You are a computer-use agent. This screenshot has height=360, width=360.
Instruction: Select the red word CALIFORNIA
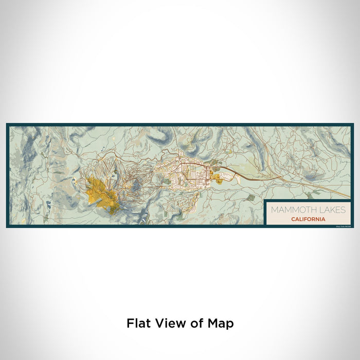[x=308, y=219]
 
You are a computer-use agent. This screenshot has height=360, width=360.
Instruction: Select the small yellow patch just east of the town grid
[x=218, y=178]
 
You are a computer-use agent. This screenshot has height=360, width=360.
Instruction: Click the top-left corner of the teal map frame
[x=7, y=124]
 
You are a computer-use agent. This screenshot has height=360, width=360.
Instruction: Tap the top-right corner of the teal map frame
[x=353, y=124]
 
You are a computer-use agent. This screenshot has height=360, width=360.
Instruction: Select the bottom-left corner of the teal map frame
[x=7, y=227]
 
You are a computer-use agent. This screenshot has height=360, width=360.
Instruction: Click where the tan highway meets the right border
[x=351, y=198]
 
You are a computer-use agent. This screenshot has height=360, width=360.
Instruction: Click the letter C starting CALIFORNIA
[x=292, y=219]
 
